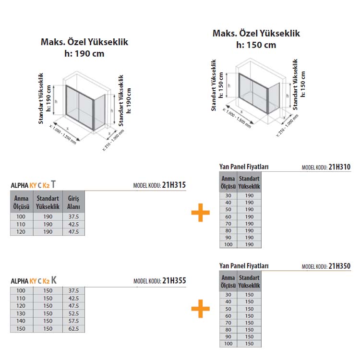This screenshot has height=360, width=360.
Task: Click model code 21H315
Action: tap(174, 185)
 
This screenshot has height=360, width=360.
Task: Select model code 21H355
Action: tap(174, 281)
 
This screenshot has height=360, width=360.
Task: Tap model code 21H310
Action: tap(339, 167)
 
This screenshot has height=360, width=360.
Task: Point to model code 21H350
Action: tap(339, 266)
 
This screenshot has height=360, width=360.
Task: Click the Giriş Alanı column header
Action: tap(73, 202)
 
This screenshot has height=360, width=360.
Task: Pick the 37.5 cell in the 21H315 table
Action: tap(73, 216)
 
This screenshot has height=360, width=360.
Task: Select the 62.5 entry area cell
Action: tap(73, 328)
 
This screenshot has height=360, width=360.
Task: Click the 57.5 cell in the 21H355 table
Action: tap(73, 321)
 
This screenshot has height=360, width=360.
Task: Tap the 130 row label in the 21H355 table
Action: tap(21, 313)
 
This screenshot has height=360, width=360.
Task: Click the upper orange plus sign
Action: tap(201, 213)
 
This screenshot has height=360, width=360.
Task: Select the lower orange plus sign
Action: tap(201, 309)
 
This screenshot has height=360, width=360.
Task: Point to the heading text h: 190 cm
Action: tap(84, 53)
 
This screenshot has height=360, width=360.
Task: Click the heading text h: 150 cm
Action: tap(256, 45)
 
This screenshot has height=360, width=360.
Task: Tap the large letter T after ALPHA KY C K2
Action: tap(53, 184)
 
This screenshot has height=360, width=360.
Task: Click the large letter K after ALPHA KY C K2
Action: tap(54, 280)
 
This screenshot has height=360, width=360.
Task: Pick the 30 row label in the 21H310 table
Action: tap(228, 196)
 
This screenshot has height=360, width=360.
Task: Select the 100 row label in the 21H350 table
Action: tap(228, 344)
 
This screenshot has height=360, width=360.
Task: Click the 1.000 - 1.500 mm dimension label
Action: tap(238, 118)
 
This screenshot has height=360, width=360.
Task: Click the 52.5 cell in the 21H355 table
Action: tap(73, 313)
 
